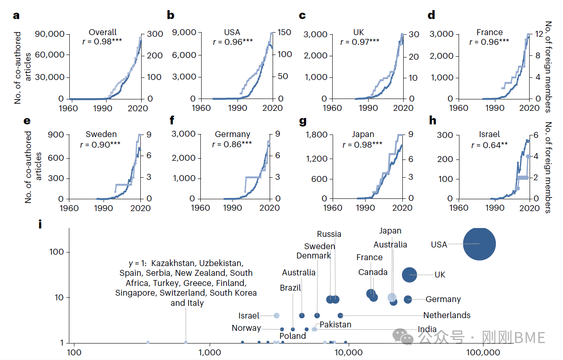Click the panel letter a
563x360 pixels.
16,16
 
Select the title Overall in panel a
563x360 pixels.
103,33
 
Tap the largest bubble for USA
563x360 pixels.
479,244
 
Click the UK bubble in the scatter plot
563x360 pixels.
409,275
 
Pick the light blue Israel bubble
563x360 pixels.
276,316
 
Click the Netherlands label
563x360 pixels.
447,315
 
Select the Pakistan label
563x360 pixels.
335,324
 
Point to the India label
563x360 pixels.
427,330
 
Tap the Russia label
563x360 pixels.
329,234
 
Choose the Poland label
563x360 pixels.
292,336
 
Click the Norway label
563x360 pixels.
246,328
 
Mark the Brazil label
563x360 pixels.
290,288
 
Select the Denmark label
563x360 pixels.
314,256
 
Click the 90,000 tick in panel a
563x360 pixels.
49,34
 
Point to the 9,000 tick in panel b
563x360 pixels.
184,33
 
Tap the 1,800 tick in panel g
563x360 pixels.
316,135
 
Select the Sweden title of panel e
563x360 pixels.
101,135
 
